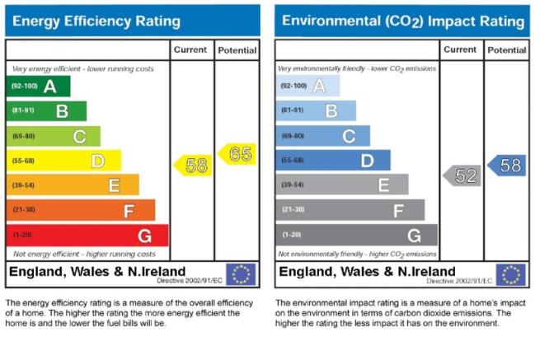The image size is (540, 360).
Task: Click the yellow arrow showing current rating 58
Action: pos(193,166)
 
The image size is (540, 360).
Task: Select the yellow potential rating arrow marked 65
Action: pos(237,154)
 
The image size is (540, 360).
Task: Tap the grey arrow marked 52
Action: pos(463,175)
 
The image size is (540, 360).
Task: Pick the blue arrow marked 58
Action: pos(507,166)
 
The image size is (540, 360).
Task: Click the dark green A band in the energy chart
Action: pos(38,86)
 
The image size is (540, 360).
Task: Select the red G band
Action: pos(87,236)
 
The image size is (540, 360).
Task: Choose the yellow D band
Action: pos(64,161)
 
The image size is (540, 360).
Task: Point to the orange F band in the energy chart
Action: pos(81,210)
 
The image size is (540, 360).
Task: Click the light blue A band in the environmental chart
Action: pos(308,86)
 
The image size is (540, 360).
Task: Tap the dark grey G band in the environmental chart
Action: pos(357,235)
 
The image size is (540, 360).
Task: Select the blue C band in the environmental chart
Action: pos(323,136)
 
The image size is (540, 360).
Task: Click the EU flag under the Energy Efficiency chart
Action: pos(241,274)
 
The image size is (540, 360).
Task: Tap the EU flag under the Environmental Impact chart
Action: pos(510,274)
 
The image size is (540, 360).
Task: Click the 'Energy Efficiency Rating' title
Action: pos(96,21)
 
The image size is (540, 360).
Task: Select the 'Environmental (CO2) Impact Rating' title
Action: pos(403,21)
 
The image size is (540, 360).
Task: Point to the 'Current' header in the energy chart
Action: pos(190,49)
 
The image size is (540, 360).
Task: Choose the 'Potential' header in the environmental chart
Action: pos(507,50)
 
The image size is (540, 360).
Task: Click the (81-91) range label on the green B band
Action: pos(23,110)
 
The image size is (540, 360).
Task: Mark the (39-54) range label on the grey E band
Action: pos(293,185)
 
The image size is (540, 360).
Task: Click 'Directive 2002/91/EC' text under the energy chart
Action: pos(190,281)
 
